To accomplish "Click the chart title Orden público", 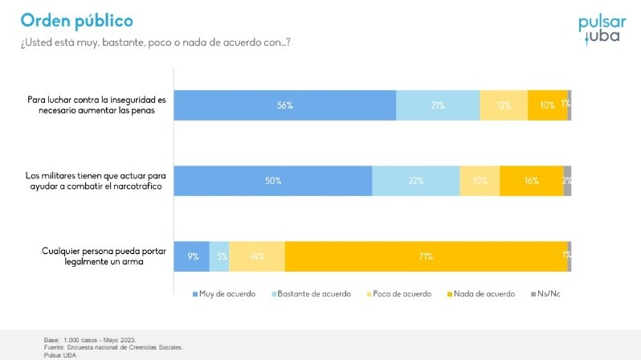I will tap(77, 20).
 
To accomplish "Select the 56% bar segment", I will tap(284, 105).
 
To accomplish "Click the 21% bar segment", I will tap(438, 105).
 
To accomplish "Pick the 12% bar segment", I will tap(504, 105).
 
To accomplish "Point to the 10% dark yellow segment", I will tap(547, 105).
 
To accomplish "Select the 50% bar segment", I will tap(273, 181).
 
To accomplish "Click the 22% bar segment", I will tap(415, 181).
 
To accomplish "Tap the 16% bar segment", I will tap(531, 181).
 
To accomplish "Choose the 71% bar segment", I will tap(426, 256).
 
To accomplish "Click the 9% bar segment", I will tap(192, 256).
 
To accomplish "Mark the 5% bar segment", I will tap(219, 256).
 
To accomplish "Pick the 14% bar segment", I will tap(257, 256).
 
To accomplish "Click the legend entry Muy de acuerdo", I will tap(224, 294).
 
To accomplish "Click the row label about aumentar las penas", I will tap(96, 105).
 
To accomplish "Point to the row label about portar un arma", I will tap(98, 256).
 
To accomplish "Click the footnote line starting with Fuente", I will tap(113, 347).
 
